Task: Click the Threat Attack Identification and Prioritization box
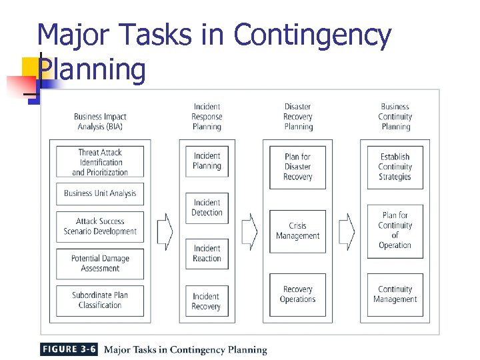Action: tap(100, 162)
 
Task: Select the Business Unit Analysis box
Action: tap(100, 193)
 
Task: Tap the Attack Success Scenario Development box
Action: tap(100, 227)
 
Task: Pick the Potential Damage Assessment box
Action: tap(100, 263)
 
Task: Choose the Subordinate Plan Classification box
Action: tap(100, 300)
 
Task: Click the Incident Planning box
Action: tap(207, 161)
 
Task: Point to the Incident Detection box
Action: tap(207, 207)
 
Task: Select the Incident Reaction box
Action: tap(207, 253)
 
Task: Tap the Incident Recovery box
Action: tap(207, 301)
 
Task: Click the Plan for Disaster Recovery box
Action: tap(297, 167)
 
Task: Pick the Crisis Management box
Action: tap(297, 231)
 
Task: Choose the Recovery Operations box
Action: tap(297, 295)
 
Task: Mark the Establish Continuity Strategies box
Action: tap(395, 167)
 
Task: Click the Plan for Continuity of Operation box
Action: tap(395, 230)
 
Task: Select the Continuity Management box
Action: tap(395, 295)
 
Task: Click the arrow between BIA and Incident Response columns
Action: tap(165, 231)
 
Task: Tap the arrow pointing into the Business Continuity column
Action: tap(347, 231)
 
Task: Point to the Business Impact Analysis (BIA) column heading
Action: tap(100, 121)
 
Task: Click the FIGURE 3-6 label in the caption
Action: tap(69, 349)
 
